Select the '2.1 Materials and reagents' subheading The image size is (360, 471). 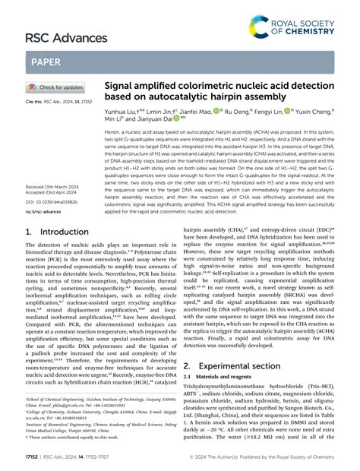pyautogui.click(x=221, y=378)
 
